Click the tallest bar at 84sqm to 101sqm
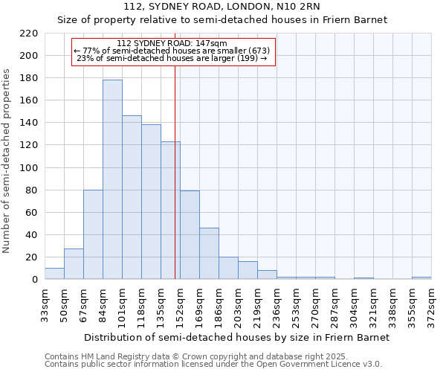tap(112, 179)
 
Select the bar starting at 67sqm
tap(93, 234)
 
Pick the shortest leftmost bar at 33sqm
tap(54, 274)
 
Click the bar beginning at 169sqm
tap(209, 254)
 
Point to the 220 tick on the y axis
tap(29, 33)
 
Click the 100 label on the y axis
tap(29, 168)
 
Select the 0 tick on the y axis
tap(34, 280)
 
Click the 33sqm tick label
tap(45, 304)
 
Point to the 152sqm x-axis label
tap(180, 304)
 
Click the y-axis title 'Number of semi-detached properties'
tap(7, 161)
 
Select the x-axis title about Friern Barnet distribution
tap(236, 337)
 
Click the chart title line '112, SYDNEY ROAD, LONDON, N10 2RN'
tap(222, 7)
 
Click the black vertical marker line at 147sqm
tap(175, 186)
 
